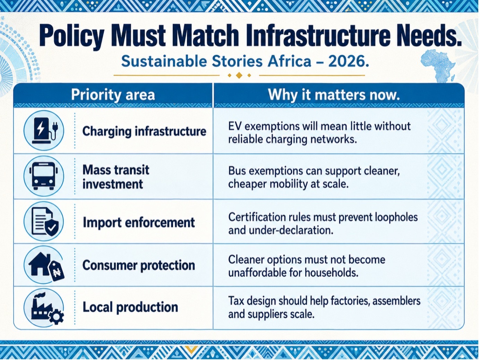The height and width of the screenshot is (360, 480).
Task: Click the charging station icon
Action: [x=44, y=130]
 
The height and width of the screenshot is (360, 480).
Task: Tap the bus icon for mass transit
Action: [x=44, y=176]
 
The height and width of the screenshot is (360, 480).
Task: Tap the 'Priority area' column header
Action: [x=113, y=95]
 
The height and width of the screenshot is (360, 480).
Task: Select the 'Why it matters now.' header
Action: [x=334, y=95]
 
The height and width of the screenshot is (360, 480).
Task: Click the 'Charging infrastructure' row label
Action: [x=144, y=131]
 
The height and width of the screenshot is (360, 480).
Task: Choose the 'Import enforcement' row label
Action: [x=139, y=223]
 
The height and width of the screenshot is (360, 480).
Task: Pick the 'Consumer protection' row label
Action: [x=139, y=265]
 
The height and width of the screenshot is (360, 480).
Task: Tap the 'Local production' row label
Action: [x=130, y=307]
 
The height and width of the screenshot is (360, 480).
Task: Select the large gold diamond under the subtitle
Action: [x=239, y=75]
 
